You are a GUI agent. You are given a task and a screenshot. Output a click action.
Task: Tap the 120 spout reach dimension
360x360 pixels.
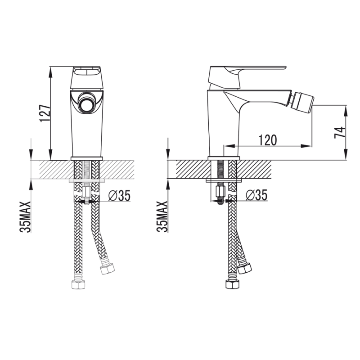click(268, 140)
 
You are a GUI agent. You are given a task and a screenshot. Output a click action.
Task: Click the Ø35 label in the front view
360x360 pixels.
click(119, 196)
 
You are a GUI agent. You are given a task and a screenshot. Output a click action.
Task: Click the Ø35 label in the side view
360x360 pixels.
click(256, 195)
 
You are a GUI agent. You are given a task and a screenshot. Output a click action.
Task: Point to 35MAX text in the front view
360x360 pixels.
click(25, 217)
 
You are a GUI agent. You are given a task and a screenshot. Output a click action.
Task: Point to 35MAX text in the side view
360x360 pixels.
click(162, 217)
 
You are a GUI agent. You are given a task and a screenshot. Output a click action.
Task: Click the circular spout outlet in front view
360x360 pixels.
click(86, 104)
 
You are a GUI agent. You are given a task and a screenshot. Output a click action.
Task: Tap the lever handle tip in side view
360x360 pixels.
click(285, 67)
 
